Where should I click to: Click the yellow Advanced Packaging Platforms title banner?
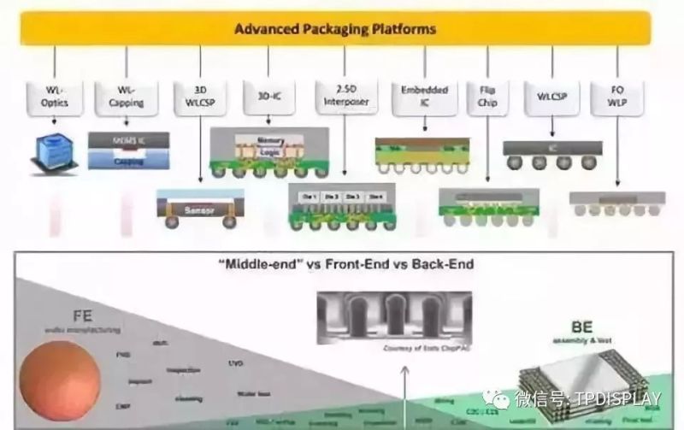pyautogui.click(x=335, y=29)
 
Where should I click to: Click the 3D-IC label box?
pyautogui.click(x=268, y=96)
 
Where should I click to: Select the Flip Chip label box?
pyautogui.click(x=488, y=96)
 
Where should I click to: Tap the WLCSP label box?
pyautogui.click(x=551, y=96)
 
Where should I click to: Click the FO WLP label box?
pyautogui.click(x=617, y=96)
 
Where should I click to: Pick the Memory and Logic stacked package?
pyautogui.click(x=270, y=152)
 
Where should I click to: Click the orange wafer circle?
pyautogui.click(x=59, y=380)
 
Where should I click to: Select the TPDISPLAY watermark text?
pyautogui.click(x=587, y=398)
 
